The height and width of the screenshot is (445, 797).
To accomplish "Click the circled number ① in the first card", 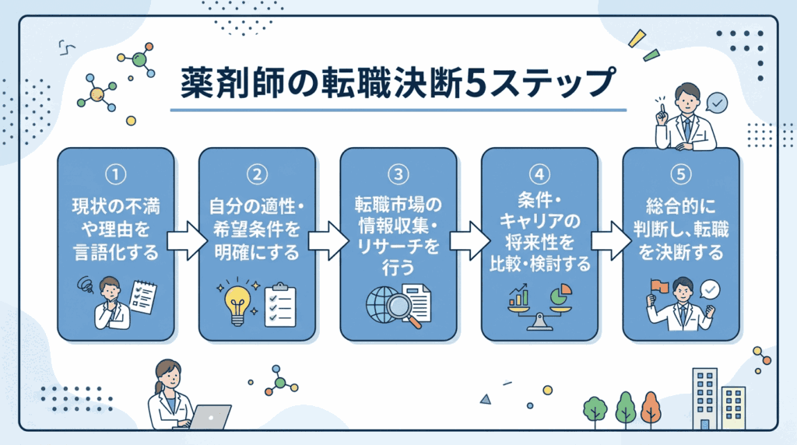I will (116, 173).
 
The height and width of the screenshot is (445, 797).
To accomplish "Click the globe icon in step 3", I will (381, 306).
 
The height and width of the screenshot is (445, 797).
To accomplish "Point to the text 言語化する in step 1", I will (116, 251).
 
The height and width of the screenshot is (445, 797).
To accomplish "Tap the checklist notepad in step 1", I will (142, 296).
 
